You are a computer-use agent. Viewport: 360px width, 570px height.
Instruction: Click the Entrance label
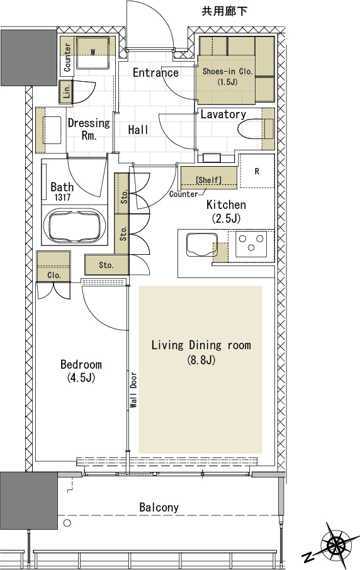coord(155,73)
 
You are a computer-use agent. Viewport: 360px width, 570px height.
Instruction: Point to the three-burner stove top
coord(251,243)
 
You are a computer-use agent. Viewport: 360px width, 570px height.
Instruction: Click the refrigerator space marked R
coord(257,171)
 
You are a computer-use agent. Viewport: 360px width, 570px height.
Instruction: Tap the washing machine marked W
coord(93,53)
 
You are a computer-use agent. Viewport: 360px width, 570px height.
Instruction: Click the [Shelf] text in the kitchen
coord(209,180)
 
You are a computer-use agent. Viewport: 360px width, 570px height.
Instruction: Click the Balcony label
coord(159,507)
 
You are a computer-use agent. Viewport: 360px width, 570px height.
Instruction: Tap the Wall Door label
coord(133,389)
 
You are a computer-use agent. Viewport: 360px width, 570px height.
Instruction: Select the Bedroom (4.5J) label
coord(81,371)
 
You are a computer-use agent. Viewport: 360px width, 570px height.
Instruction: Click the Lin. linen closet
coord(66,91)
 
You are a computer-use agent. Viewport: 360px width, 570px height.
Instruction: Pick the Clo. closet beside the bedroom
coord(53,267)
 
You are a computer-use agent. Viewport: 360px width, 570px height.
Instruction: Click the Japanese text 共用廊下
coord(224,11)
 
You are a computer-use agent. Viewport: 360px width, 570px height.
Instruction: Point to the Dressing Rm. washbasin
coord(53,130)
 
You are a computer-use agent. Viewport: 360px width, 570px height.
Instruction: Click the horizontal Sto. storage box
coord(106,265)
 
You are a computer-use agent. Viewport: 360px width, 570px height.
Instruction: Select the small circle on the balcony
coord(67,523)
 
